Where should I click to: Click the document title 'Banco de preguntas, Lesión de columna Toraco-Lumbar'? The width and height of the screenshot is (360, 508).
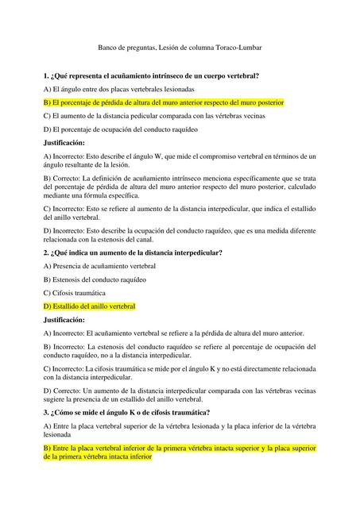pyautogui.click(x=180, y=48)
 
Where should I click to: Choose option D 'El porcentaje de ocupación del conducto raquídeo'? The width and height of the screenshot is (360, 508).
pyautogui.click(x=120, y=129)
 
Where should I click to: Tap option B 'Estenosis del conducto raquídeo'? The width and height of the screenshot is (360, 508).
pyautogui.click(x=96, y=279)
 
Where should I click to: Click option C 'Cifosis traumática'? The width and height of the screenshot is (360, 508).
pyautogui.click(x=78, y=293)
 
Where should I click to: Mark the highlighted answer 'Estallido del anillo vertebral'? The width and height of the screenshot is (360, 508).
pyautogui.click(x=90, y=306)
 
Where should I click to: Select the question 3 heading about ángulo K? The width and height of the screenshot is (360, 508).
pyautogui.click(x=126, y=413)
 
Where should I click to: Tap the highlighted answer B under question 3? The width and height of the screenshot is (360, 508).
pyautogui.click(x=180, y=452)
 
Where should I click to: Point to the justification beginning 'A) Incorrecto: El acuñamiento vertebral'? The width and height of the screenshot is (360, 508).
pyautogui.click(x=180, y=333)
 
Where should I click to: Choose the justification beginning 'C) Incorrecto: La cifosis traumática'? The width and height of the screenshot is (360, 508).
pyautogui.click(x=180, y=373)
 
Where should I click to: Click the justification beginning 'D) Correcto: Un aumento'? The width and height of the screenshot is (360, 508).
pyautogui.click(x=180, y=394)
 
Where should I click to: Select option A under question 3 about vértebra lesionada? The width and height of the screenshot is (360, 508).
pyautogui.click(x=180, y=430)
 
